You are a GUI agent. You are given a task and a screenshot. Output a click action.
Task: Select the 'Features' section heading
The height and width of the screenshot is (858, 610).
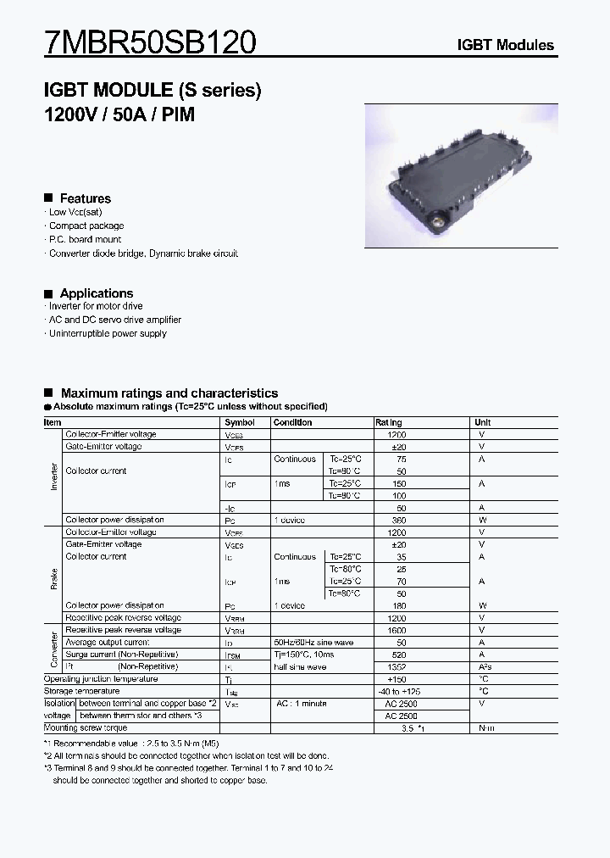(x=85, y=198)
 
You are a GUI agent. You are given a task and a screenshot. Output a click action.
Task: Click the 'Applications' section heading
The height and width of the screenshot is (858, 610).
(x=96, y=293)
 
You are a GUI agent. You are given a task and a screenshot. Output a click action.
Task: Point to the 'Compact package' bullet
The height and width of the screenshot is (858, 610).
(x=86, y=226)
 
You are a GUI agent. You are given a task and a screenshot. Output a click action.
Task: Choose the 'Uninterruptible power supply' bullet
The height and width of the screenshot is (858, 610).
(x=108, y=333)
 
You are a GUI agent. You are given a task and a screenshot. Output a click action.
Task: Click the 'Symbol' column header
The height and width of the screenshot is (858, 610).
(x=240, y=422)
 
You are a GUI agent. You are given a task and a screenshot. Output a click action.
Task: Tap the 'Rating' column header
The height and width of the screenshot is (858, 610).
(x=389, y=422)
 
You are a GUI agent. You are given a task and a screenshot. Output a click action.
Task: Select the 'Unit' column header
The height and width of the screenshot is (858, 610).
(x=483, y=422)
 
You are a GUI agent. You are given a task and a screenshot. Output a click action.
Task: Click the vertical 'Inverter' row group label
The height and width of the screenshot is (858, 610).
(x=54, y=476)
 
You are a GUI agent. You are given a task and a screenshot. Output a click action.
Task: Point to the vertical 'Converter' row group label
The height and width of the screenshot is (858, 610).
(x=54, y=649)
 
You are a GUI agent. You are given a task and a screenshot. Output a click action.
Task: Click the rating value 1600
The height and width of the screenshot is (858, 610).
(x=396, y=630)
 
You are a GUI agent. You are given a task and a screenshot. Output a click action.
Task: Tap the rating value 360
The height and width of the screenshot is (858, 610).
(x=396, y=520)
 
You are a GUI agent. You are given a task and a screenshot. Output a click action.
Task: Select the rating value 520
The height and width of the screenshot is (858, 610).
(x=396, y=655)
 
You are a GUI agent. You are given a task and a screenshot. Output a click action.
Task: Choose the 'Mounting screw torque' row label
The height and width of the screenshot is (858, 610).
(x=86, y=727)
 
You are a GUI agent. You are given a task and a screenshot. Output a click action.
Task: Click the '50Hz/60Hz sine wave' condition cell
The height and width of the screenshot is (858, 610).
(x=313, y=643)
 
